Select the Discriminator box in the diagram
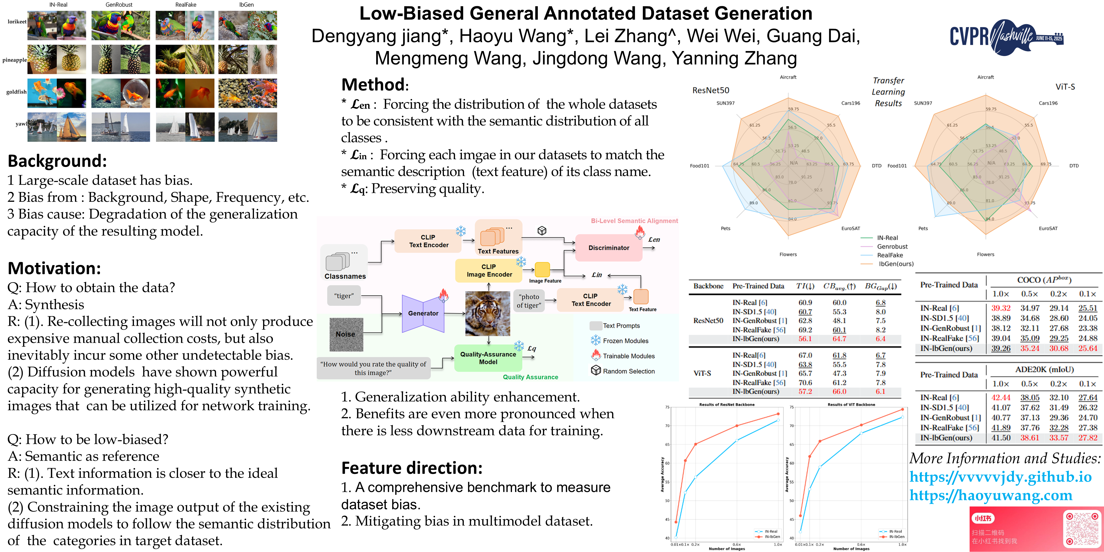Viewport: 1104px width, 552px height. coord(609,248)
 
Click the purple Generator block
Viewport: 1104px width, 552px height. coord(423,313)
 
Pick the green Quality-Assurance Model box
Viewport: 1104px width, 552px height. coord(488,358)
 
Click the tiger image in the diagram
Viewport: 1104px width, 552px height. coord(488,313)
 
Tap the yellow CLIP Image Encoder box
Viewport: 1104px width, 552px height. coord(489,270)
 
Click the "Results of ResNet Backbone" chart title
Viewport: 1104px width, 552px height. coord(727,405)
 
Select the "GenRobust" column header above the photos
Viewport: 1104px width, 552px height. coord(119,5)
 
